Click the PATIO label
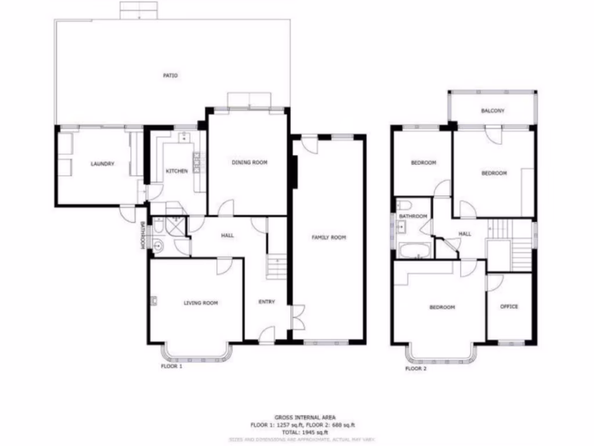tap(170, 75)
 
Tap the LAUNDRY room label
tap(103, 164)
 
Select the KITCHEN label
tap(177, 171)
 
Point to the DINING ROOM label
tap(249, 163)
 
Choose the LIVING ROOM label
tap(201, 303)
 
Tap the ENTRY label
tap(266, 301)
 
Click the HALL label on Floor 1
tap(227, 235)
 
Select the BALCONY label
tap(492, 111)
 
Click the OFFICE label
tap(509, 307)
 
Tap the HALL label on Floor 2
tap(465, 234)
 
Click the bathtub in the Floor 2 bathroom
tap(414, 251)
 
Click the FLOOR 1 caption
tap(171, 367)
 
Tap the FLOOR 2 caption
tap(416, 368)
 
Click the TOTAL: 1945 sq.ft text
tap(296, 433)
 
